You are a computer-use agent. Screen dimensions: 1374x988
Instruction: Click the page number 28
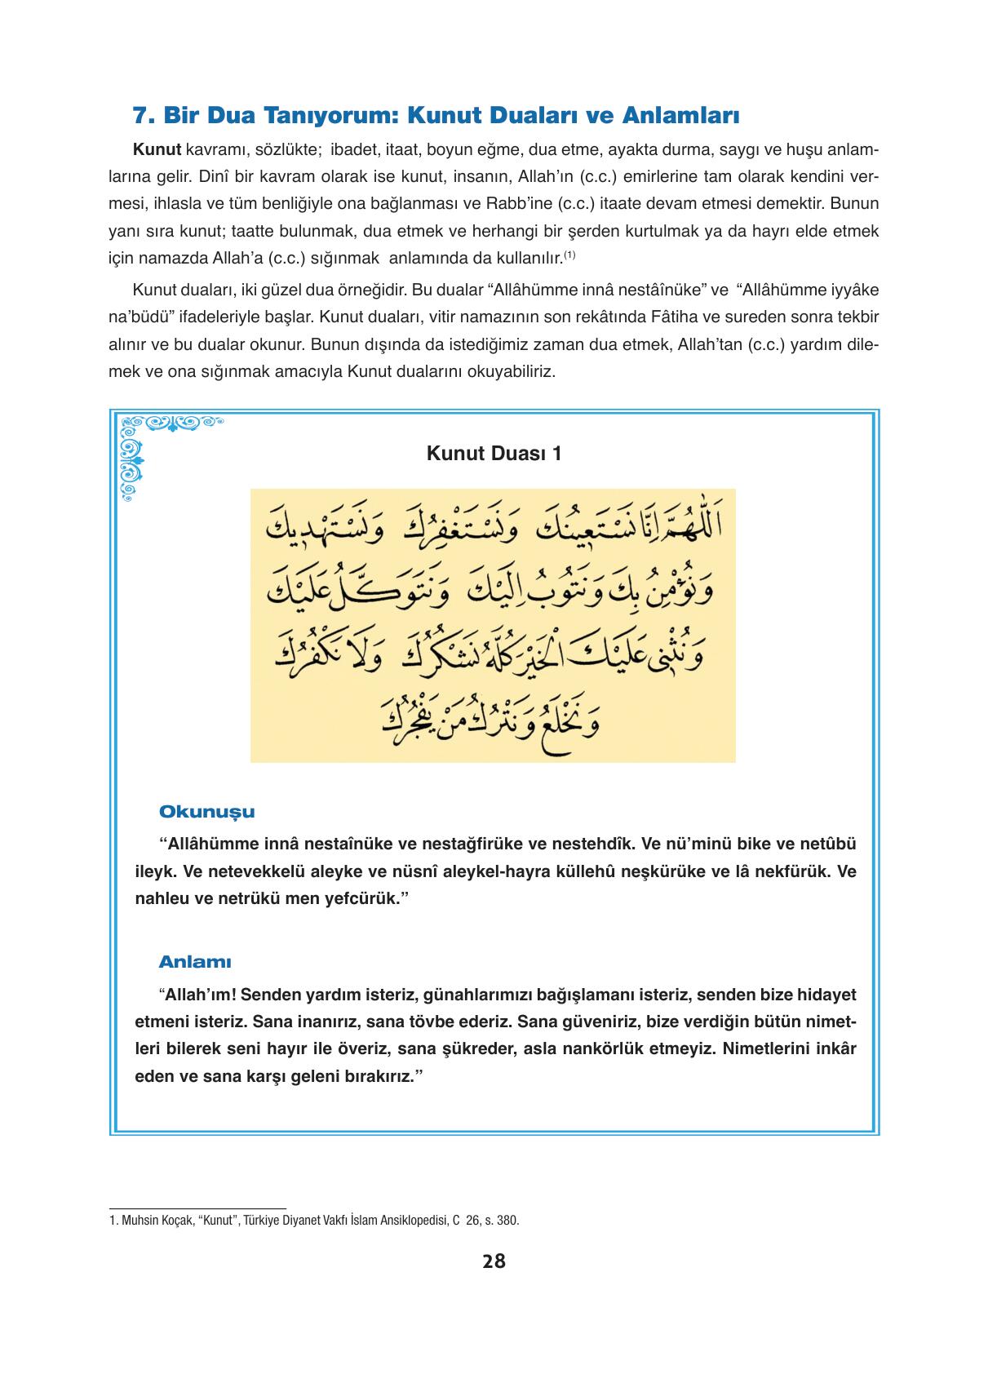(494, 1261)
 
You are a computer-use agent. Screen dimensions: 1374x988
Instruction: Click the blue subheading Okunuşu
(206, 812)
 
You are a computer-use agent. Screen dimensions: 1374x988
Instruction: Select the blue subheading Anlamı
(195, 962)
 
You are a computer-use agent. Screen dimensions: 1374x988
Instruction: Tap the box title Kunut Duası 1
(494, 454)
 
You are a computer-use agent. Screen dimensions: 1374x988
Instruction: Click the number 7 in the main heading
(140, 116)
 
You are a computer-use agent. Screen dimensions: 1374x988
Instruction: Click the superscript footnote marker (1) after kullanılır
(570, 255)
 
